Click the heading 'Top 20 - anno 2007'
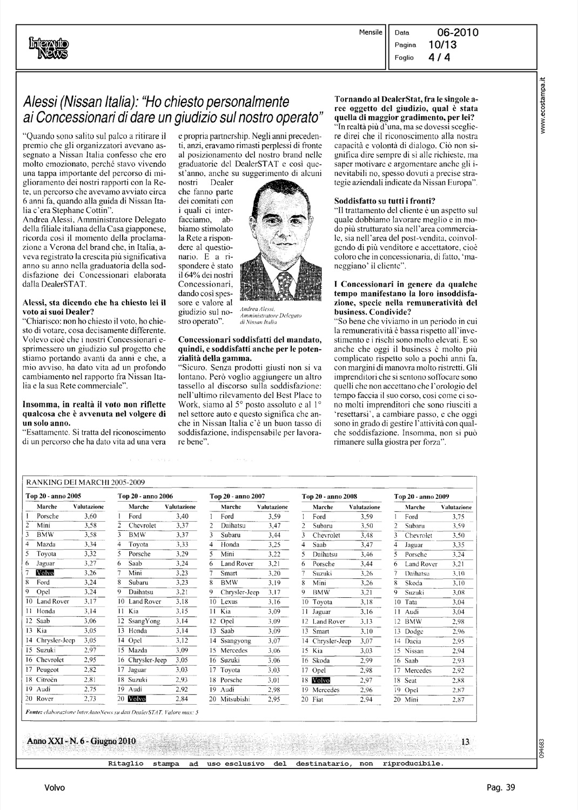237,496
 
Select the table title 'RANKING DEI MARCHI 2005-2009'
86,482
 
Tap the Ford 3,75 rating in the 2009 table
458,516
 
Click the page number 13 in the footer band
466,741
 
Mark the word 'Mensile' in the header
371,32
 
